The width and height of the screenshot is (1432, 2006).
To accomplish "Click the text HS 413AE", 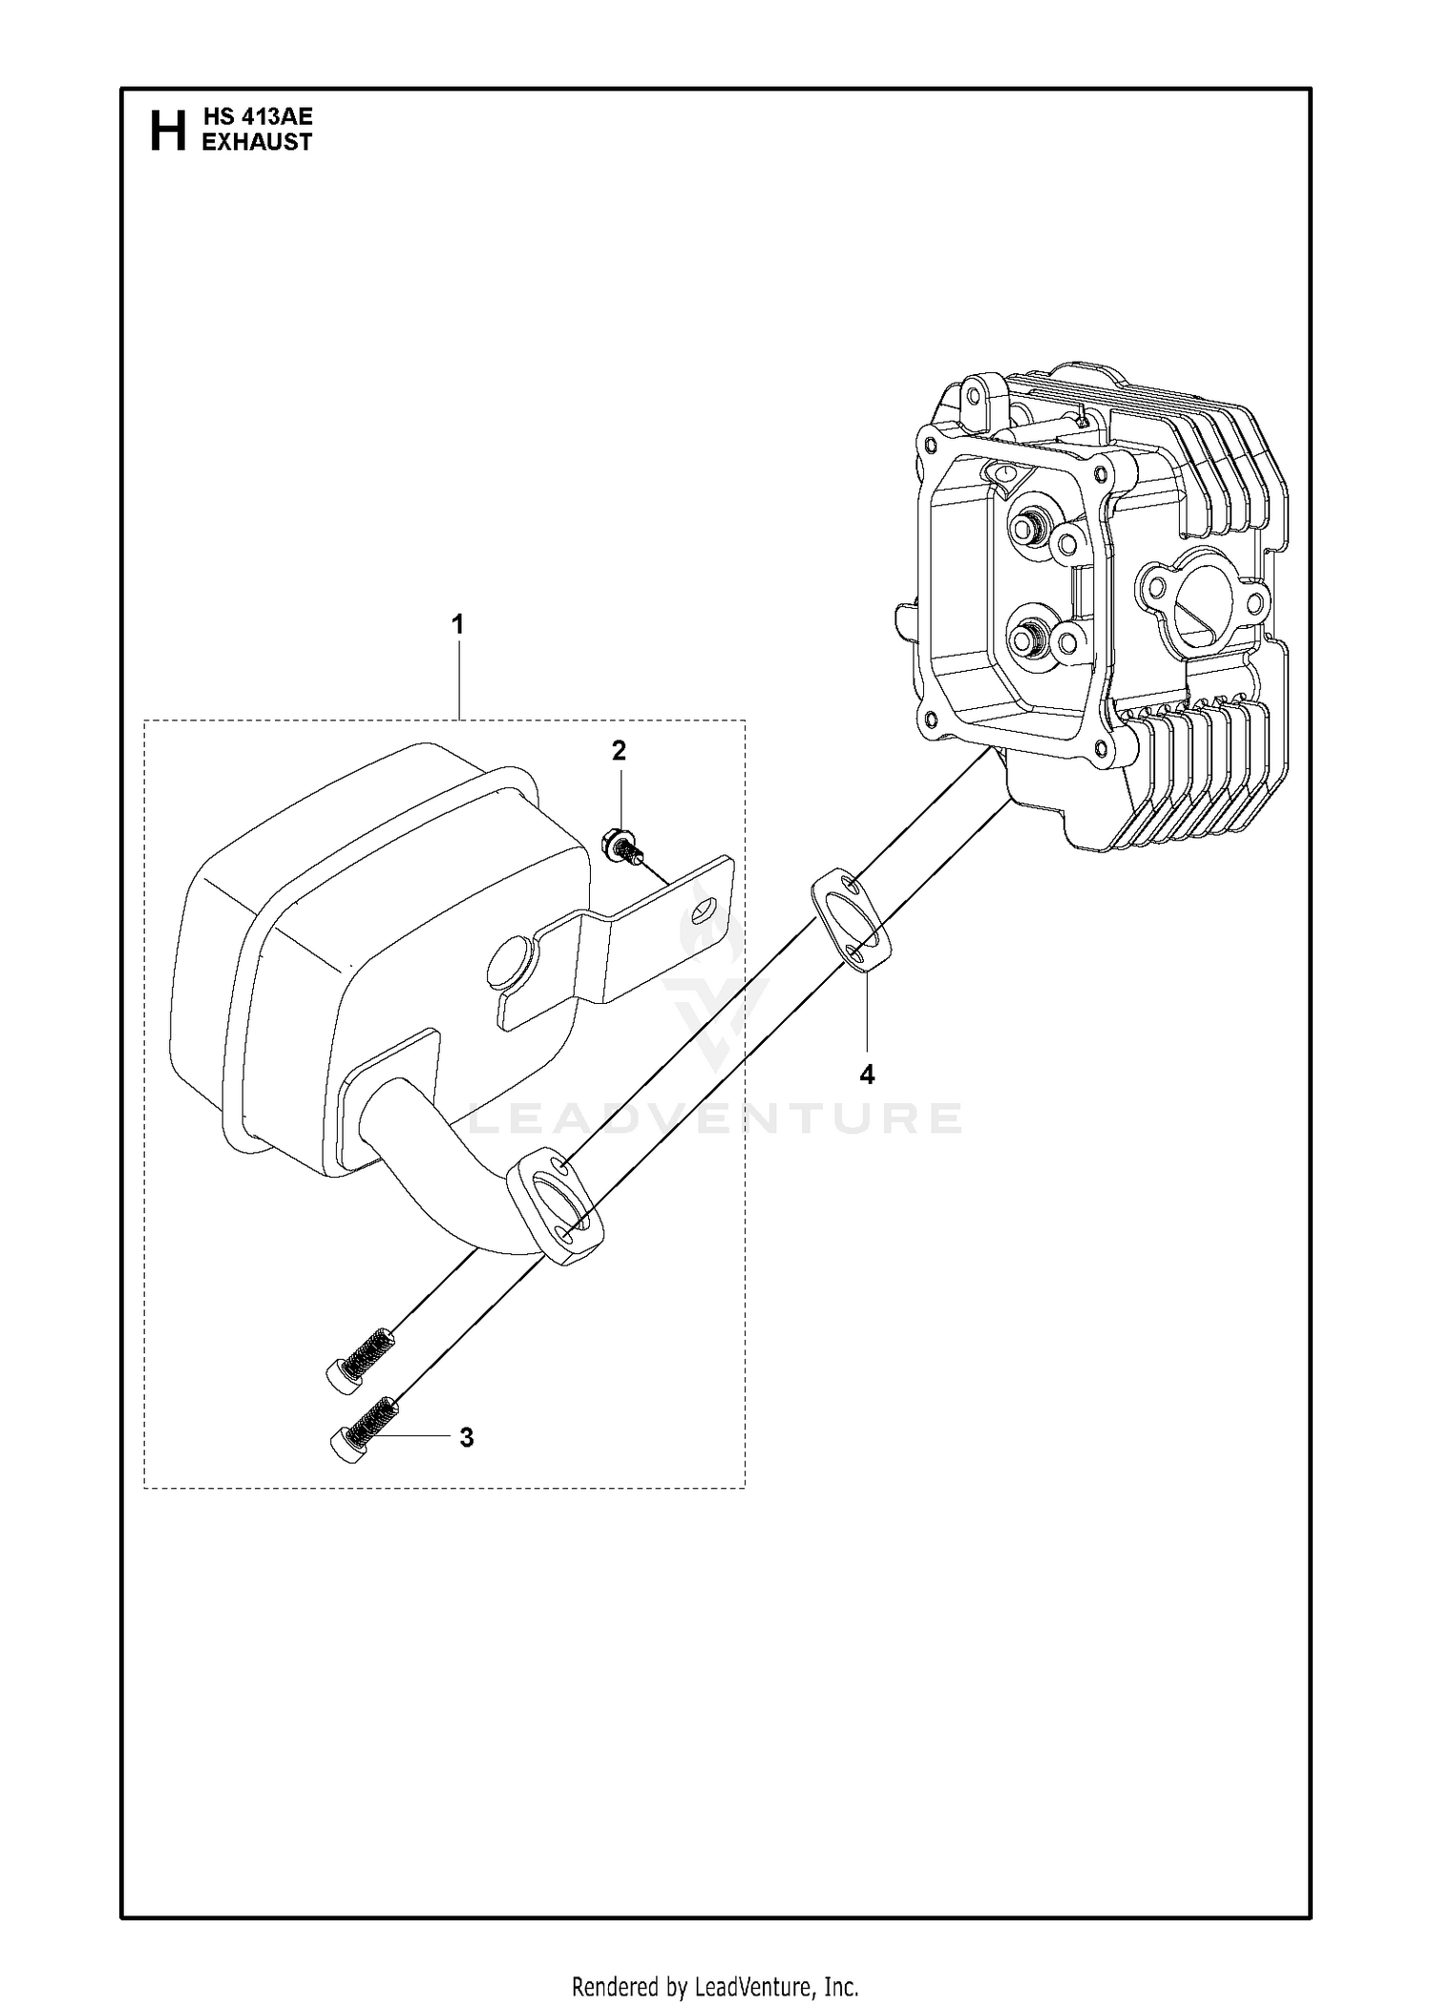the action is tap(258, 117).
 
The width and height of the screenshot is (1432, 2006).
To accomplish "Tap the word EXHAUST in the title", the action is tap(258, 141).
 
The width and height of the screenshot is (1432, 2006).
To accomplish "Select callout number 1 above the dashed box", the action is tap(458, 625).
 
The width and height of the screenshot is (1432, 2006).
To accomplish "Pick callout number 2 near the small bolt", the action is tap(620, 751).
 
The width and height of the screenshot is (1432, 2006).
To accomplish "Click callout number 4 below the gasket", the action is tap(867, 1075).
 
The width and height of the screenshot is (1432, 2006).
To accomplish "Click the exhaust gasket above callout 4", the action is tap(852, 920).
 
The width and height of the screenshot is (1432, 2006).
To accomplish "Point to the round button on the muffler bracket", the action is tap(507, 968).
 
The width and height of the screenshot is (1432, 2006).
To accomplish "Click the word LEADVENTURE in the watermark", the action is tap(716, 1118).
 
